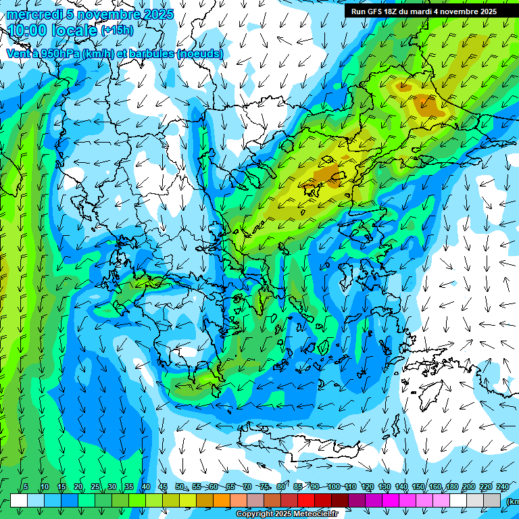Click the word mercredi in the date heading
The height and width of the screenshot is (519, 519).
tap(32, 14)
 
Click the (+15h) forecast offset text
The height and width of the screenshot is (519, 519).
tap(116, 30)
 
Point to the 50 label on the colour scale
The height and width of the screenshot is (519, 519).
tap(179, 487)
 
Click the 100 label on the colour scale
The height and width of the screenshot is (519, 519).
tap(333, 487)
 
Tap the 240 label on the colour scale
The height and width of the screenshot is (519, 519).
tap(503, 487)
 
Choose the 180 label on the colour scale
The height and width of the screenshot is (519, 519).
tap(452, 487)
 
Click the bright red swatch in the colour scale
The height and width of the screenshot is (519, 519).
tap(306, 500)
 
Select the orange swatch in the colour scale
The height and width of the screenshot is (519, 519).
tap(222, 500)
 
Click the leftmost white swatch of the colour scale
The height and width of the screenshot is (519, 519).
tap(19, 500)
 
